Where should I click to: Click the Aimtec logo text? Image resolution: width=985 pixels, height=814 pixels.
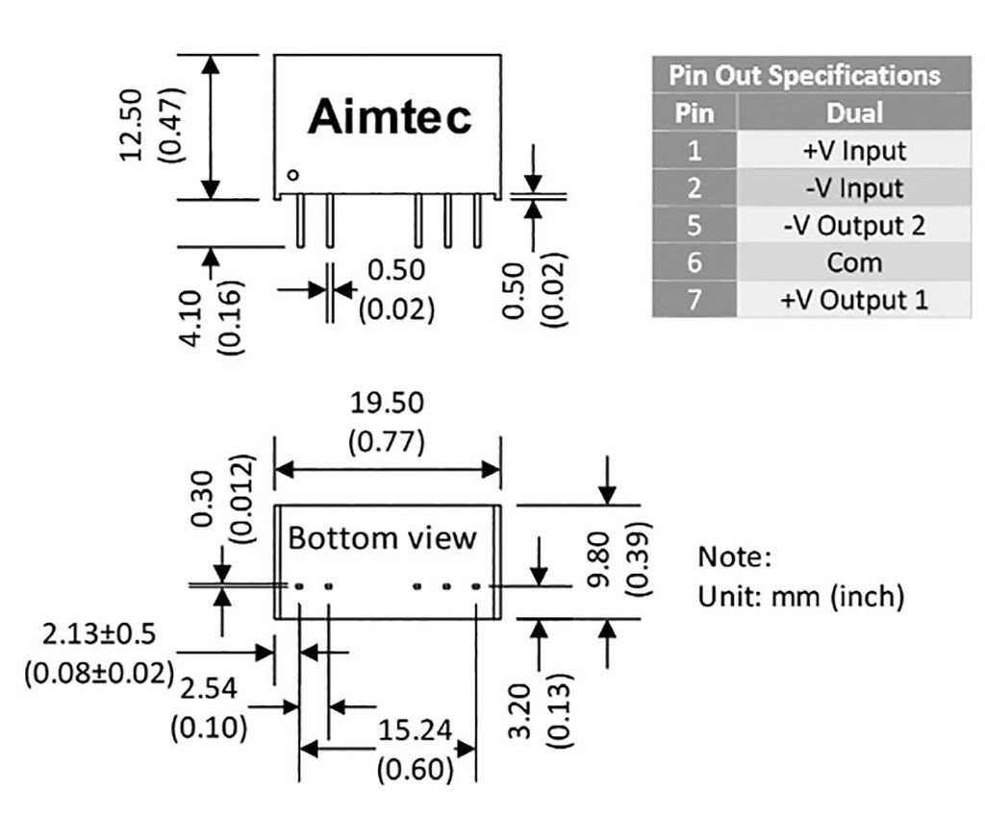coord(390,118)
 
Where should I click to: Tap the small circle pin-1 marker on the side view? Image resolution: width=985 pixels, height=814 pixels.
coord(293,175)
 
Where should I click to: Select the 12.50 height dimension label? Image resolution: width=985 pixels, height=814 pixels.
coord(132,126)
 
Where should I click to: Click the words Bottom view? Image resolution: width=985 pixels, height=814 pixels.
coord(382,537)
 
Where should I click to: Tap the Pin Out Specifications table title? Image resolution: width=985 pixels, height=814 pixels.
coord(804,75)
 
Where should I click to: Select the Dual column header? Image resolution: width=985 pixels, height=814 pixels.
coord(854,113)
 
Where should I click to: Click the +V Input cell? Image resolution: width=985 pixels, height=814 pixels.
coord(854,151)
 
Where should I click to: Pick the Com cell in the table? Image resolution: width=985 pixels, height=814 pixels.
coord(854,262)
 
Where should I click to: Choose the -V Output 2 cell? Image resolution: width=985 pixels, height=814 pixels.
coord(854,226)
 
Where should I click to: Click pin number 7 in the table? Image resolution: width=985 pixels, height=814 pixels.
coord(695,300)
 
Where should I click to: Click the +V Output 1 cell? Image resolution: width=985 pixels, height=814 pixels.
coord(854,300)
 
